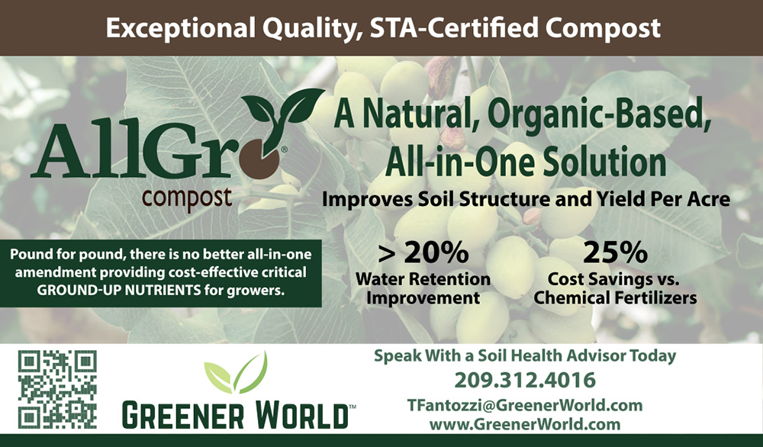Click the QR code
click(57, 388)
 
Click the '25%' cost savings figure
click(615, 252)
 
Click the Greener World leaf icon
click(236, 374)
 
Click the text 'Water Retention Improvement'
click(423, 288)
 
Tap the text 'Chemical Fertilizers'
click(615, 297)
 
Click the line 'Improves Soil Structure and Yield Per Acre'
click(526, 200)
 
